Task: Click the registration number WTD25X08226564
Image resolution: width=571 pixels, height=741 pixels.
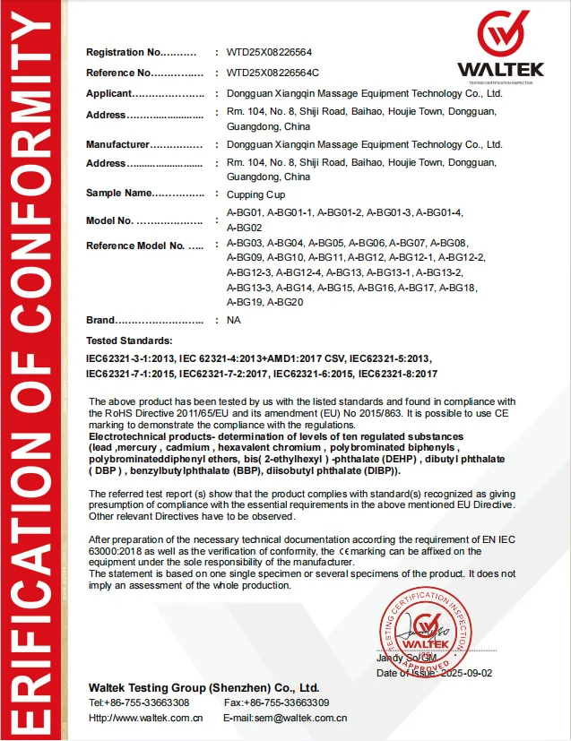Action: pos(269,52)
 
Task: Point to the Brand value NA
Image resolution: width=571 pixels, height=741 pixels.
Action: pos(234,320)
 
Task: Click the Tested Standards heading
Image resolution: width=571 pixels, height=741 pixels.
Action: pos(128,341)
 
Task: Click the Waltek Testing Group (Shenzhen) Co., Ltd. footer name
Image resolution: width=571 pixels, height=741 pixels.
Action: pos(203,686)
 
